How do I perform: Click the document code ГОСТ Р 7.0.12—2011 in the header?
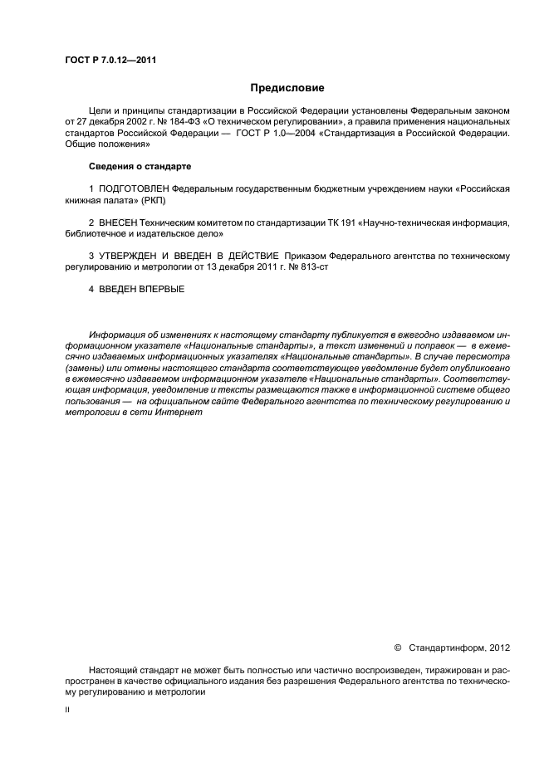pyautogui.click(x=110, y=61)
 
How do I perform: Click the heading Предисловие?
pyautogui.click(x=287, y=87)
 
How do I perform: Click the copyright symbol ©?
pyautogui.click(x=396, y=647)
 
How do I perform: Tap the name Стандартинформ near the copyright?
pyautogui.click(x=449, y=647)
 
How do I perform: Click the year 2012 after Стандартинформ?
pyautogui.click(x=500, y=647)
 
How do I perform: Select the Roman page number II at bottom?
pyautogui.click(x=68, y=711)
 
